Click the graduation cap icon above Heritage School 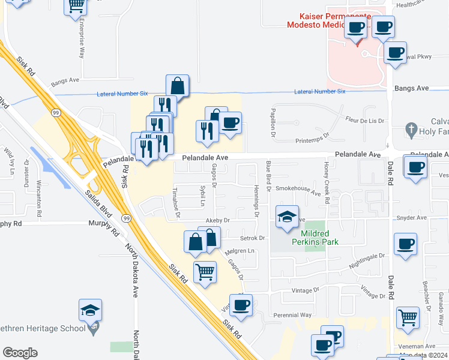[90, 310]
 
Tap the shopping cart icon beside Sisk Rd [205, 271]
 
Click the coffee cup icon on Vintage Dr [241, 305]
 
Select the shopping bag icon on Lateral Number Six [178, 86]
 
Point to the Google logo [20, 353]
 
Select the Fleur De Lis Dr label [364, 120]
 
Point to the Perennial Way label [294, 314]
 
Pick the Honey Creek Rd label [327, 182]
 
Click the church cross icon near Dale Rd [411, 128]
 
